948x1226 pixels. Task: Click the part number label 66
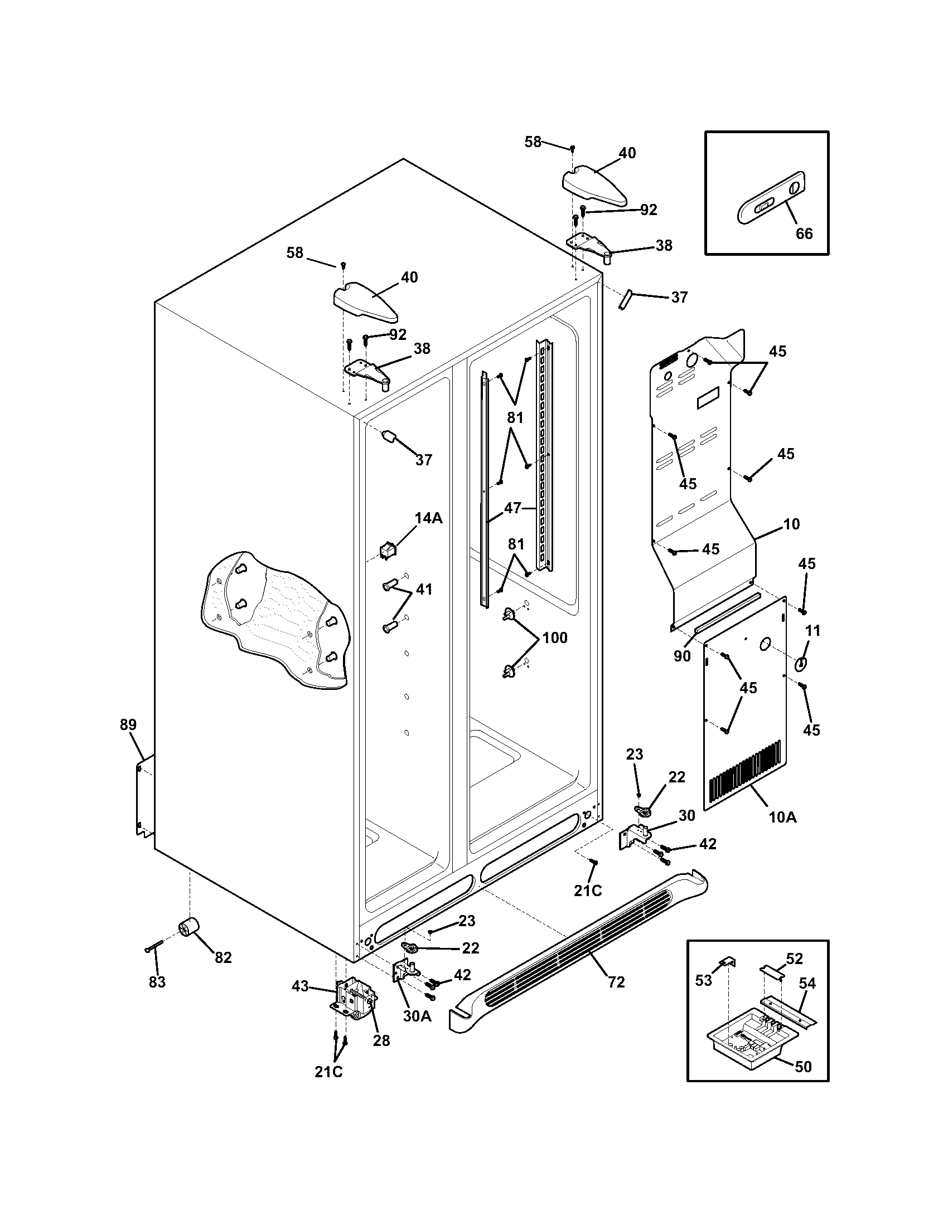(804, 233)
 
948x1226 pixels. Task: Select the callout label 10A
(782, 817)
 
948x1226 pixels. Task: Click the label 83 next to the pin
(157, 982)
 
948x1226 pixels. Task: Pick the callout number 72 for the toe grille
(616, 982)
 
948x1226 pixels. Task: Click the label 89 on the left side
(128, 724)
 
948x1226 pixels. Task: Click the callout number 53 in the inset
(703, 980)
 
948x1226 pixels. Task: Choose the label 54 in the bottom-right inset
(807, 983)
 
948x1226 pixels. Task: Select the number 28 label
(381, 1040)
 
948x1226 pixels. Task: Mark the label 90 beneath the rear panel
(682, 656)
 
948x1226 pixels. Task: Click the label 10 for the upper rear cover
(791, 524)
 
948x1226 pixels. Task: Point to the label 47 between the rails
(512, 508)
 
